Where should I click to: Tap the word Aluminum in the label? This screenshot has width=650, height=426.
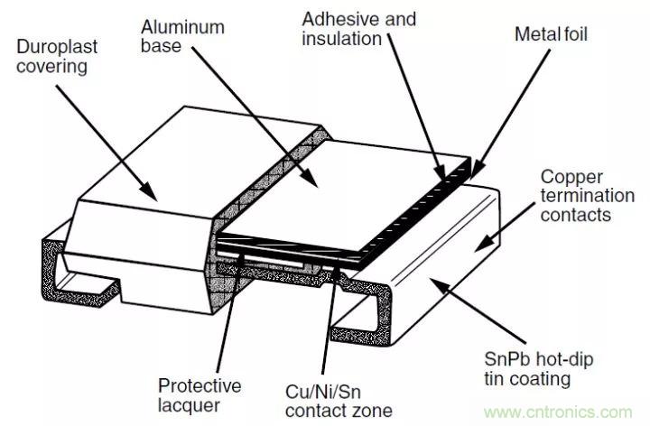[182, 27]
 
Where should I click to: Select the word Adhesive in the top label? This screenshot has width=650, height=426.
[333, 18]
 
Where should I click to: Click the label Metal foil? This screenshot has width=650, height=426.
[551, 33]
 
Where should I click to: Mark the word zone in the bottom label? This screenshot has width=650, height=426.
[375, 412]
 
